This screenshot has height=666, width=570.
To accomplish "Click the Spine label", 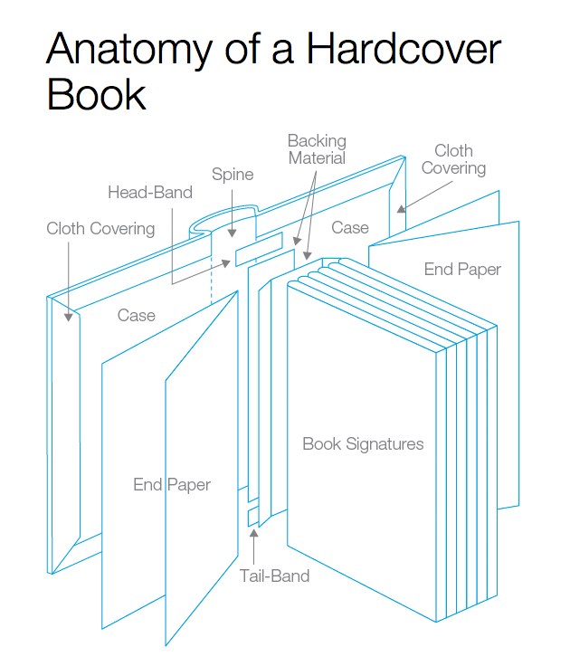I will point(233,174).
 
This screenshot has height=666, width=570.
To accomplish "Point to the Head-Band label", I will point(150,192).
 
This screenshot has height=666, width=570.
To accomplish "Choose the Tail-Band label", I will point(274,576).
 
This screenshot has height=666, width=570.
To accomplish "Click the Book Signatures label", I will point(363,443).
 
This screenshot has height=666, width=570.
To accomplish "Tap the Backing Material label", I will point(317,149).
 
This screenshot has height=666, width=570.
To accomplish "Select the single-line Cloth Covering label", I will point(100,228).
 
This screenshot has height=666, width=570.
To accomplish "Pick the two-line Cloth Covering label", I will point(453,159).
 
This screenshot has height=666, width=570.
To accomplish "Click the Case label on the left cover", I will point(136,315).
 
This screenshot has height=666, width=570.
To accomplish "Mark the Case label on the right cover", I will point(349,227).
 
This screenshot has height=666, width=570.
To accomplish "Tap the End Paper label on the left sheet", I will point(172,484).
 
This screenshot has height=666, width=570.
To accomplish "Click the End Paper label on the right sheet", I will point(462,269).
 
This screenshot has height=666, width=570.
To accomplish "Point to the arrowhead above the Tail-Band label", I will point(254,534).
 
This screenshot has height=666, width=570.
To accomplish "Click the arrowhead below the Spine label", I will point(233,238).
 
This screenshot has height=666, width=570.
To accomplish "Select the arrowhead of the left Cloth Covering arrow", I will point(69,317).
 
